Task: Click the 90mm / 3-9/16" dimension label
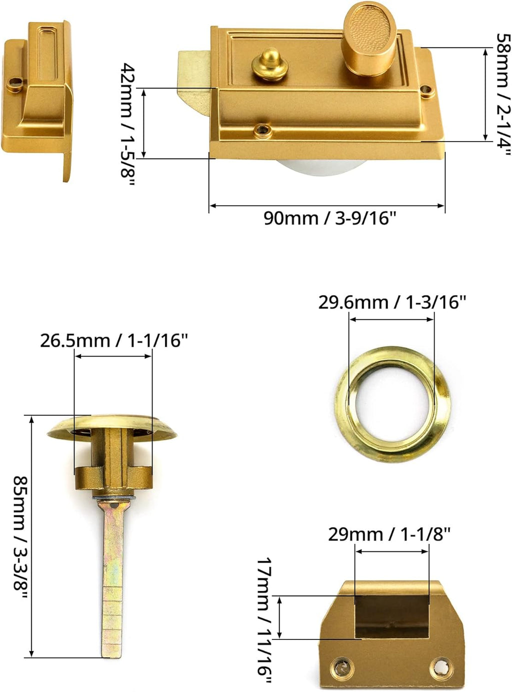(x=330, y=218)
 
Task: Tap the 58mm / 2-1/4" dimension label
(x=502, y=95)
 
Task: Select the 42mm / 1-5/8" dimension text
(x=128, y=125)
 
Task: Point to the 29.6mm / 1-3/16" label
(x=392, y=302)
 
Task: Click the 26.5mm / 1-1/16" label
(x=114, y=341)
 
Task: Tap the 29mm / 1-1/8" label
(x=389, y=535)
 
